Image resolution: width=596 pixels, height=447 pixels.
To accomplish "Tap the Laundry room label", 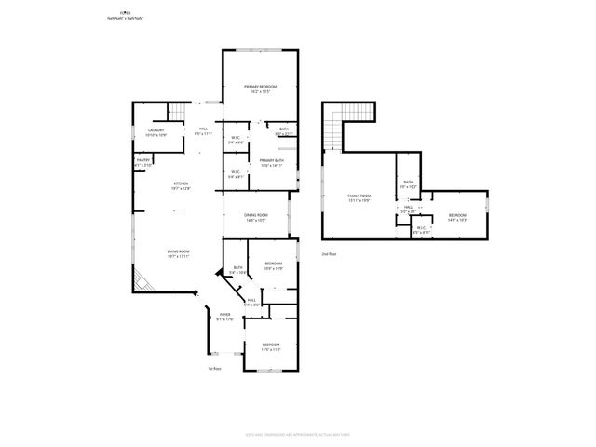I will pos(156,130).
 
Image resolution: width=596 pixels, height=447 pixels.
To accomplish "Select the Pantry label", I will pos(143,161).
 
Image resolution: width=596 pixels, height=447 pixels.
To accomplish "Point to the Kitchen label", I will pos(181,184).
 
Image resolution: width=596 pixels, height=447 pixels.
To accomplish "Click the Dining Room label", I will pos(255,217).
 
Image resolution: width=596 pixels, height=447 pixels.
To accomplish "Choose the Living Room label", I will pos(179,253).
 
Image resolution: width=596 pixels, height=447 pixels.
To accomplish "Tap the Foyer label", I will pos(224,317).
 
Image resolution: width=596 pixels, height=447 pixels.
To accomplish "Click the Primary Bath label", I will pos(271,161).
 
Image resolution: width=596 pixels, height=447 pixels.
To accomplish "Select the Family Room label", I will pos(359,196).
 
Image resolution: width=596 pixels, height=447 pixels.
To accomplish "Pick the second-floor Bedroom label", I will pos(456,216).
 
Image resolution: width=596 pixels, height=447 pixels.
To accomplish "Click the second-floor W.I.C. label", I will pos(422,228).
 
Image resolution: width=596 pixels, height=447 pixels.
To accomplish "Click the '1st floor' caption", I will pos(214,369).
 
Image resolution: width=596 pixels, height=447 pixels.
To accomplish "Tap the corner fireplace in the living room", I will pos(142,280).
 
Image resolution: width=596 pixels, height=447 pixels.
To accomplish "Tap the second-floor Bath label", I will pos(408,183).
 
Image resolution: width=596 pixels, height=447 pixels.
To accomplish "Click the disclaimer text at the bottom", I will pos(298,434).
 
